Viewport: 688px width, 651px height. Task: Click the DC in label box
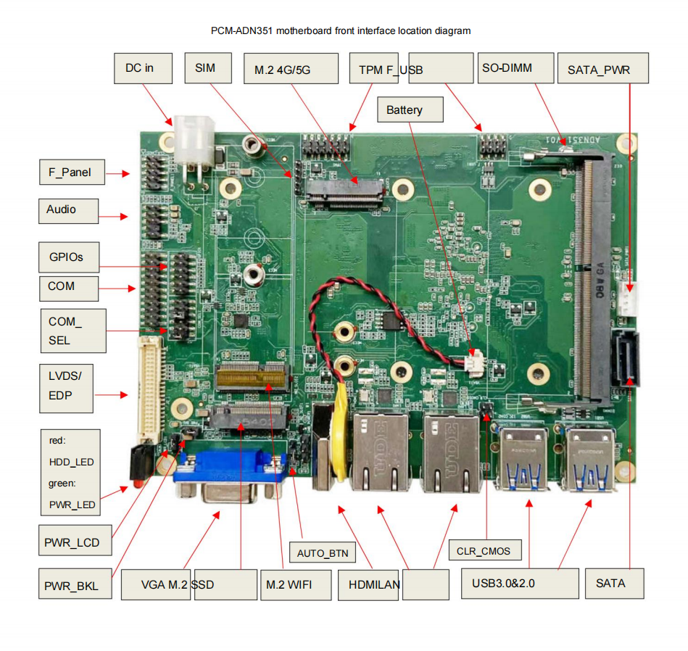pos(144,68)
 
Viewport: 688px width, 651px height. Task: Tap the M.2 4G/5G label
pos(291,70)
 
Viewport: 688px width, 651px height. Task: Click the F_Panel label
pos(71,173)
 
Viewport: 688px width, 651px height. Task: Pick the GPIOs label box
pos(70,257)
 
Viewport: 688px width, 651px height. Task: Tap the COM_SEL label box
pos(72,331)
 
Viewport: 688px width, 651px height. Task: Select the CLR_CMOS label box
pos(484,551)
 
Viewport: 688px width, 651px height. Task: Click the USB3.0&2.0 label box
pos(520,583)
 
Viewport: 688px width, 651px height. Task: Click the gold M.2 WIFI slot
pos(253,376)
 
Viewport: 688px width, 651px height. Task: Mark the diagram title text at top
pos(341,30)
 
